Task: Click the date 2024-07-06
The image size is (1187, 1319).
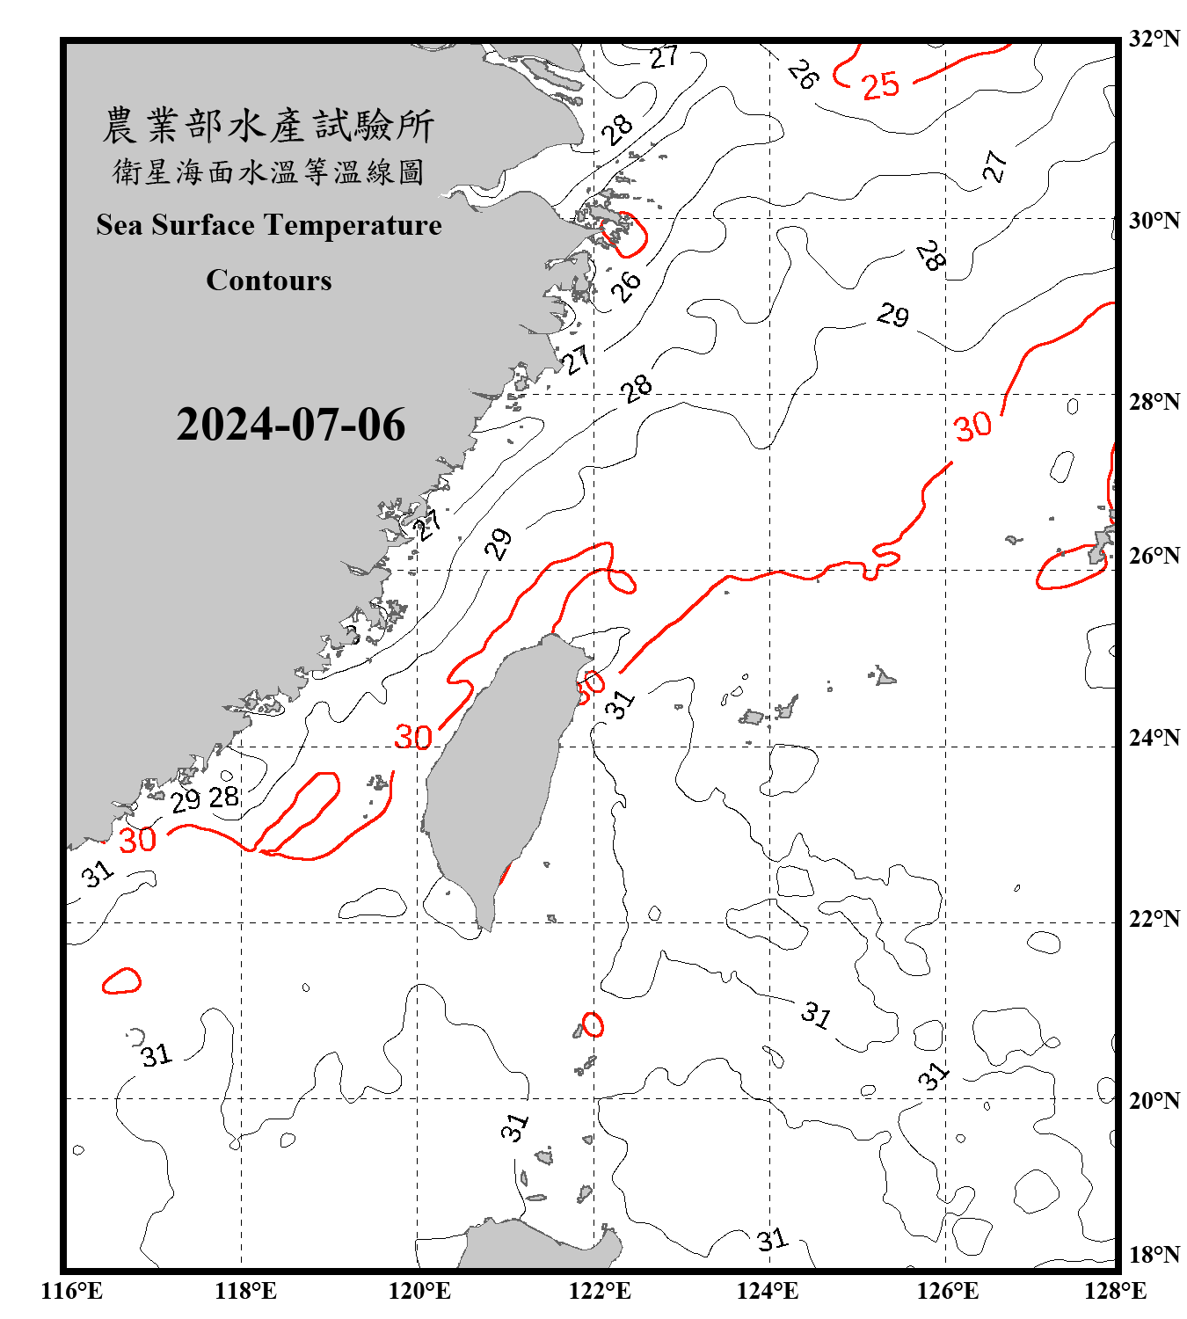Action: (x=290, y=425)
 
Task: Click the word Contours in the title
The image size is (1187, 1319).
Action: (x=268, y=280)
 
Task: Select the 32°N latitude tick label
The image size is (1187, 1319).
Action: (x=1154, y=39)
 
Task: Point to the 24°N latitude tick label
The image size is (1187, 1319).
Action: (x=1154, y=737)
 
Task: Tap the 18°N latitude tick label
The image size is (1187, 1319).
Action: (x=1154, y=1254)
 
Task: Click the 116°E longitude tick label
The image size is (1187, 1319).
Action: (x=72, y=1291)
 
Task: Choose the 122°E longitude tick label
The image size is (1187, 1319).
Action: (x=600, y=1291)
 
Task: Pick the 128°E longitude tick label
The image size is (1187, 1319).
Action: (x=1115, y=1291)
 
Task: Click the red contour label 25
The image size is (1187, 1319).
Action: (x=880, y=86)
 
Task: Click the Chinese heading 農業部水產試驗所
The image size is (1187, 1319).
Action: (x=268, y=125)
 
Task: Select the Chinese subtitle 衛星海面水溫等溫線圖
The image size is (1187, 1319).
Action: (x=268, y=171)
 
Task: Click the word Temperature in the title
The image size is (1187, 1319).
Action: (x=351, y=225)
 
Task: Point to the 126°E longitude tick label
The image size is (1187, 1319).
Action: (x=948, y=1291)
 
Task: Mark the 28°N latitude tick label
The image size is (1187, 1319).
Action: (x=1154, y=401)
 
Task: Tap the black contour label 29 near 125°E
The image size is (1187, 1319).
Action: (x=892, y=315)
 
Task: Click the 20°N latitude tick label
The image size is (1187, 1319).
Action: (x=1154, y=1100)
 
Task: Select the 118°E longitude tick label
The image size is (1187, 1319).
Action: (x=245, y=1291)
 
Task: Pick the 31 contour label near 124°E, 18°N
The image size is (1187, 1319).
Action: (x=772, y=1240)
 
